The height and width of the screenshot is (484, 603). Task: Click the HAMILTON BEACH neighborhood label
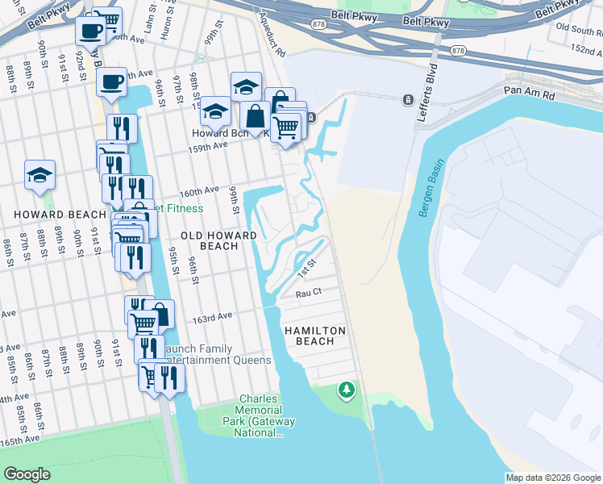pyautogui.click(x=314, y=336)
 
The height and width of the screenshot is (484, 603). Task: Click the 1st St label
pyautogui.click(x=306, y=268)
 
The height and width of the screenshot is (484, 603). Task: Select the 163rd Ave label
pyautogui.click(x=213, y=315)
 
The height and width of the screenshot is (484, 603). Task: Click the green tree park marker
pyautogui.click(x=347, y=391)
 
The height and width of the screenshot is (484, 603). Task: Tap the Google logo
pyautogui.click(x=28, y=474)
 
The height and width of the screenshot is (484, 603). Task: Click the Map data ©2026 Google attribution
pyautogui.click(x=552, y=478)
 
